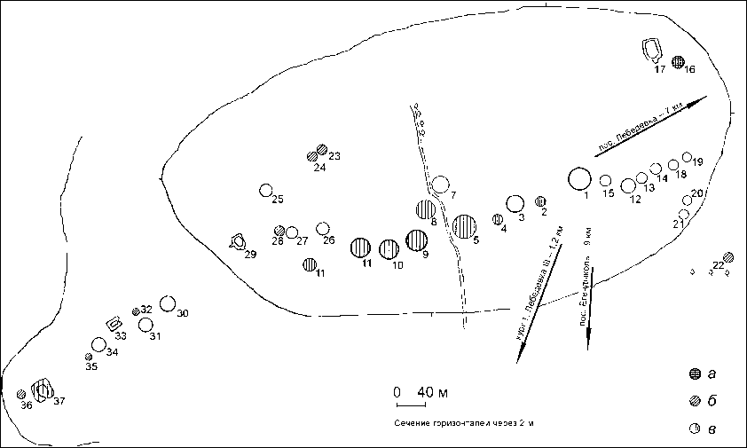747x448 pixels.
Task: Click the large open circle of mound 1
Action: point(579,178)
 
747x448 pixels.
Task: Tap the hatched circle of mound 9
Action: point(416,240)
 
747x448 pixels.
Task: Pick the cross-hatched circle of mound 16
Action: point(679,62)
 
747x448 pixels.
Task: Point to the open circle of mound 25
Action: point(265,190)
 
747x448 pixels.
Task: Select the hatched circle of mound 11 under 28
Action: point(310,263)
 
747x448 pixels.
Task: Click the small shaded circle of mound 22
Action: point(728,257)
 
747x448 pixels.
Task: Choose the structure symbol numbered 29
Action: point(238,240)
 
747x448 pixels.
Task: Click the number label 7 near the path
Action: point(452,194)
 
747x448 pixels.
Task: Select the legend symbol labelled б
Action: point(696,401)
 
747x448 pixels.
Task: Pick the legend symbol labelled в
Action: point(696,429)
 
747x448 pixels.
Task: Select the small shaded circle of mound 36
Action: point(20,394)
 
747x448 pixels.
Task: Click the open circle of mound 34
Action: point(98,344)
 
